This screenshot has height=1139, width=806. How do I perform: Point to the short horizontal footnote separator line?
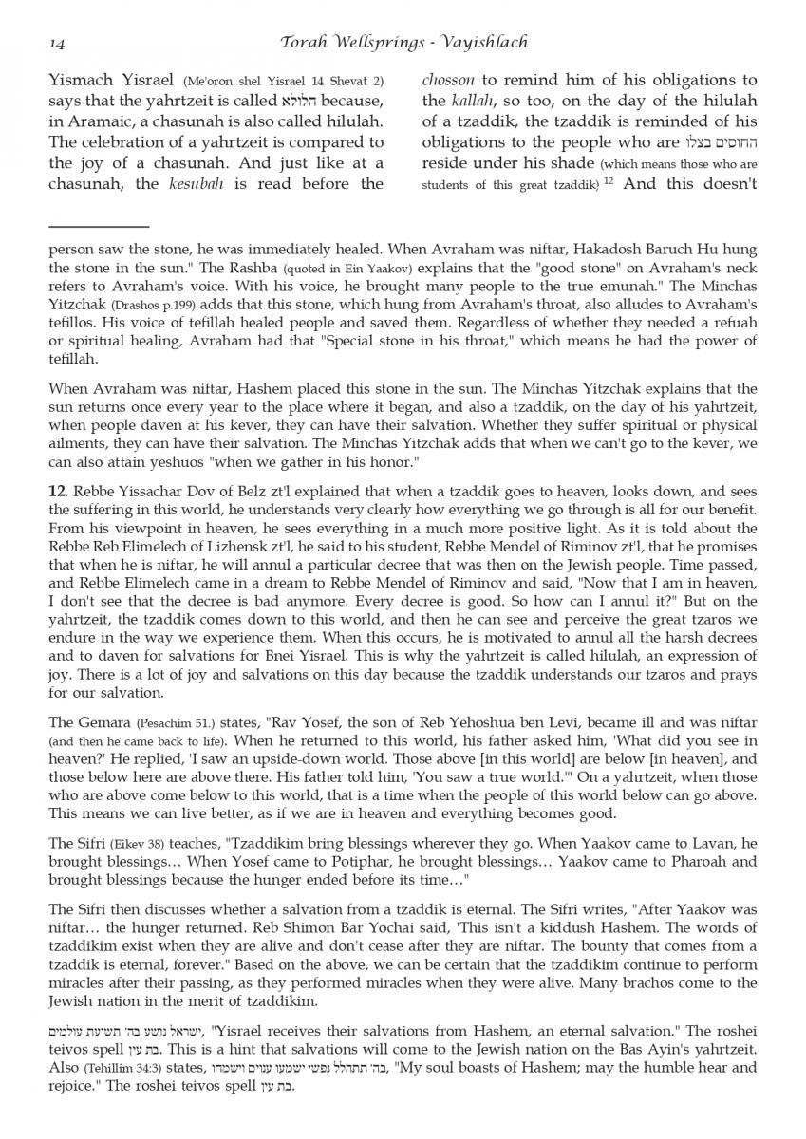click(x=98, y=227)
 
